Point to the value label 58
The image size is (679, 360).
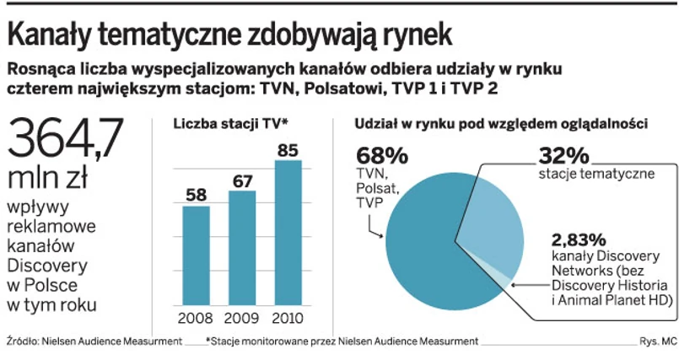click(197, 195)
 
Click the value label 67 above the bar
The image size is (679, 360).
click(242, 180)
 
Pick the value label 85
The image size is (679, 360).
click(288, 149)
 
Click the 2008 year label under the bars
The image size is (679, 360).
click(197, 320)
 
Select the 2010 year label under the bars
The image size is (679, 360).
click(288, 320)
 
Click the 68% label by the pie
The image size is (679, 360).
click(381, 156)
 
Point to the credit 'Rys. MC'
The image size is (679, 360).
click(658, 341)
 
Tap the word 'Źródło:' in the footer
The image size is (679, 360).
click(23, 341)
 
